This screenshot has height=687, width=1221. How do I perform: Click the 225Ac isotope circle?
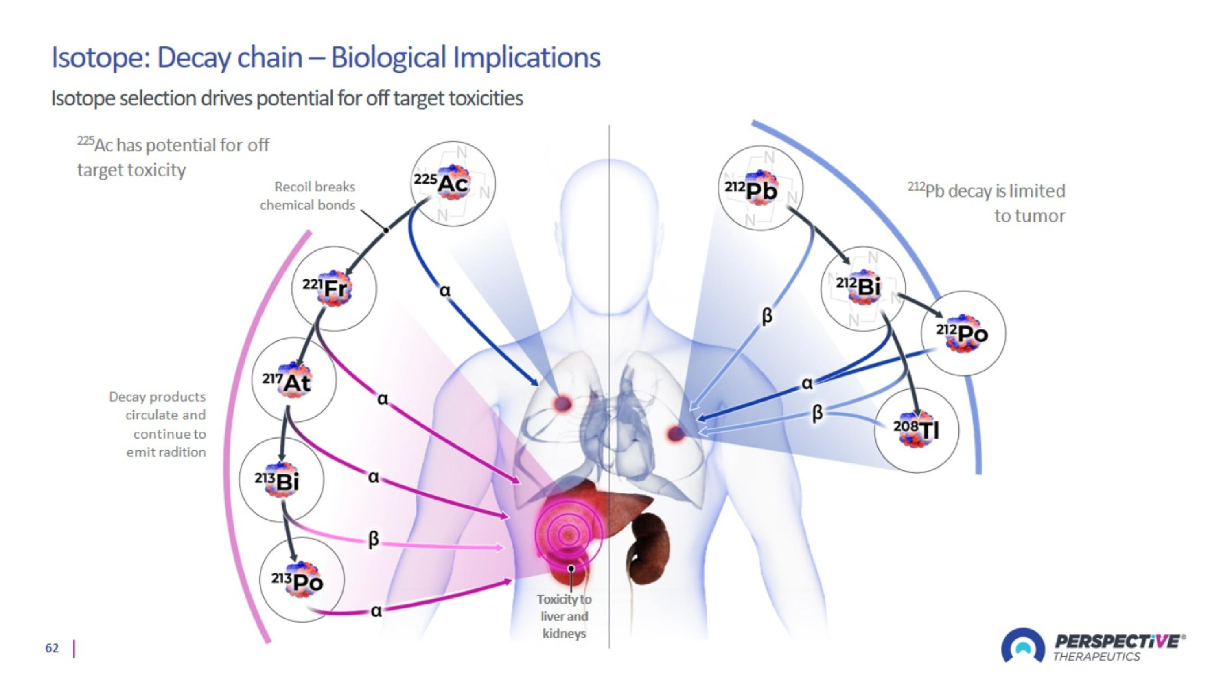(x=453, y=184)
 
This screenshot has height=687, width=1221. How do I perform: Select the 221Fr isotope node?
(x=334, y=288)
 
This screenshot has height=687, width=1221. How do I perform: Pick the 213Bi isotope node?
(x=282, y=480)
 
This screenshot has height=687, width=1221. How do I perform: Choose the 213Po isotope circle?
(x=302, y=579)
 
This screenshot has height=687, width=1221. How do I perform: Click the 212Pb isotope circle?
(x=760, y=188)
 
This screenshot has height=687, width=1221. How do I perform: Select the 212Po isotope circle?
(x=963, y=333)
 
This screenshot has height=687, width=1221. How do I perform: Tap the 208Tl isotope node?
(x=916, y=430)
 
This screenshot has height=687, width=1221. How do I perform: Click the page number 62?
(x=52, y=648)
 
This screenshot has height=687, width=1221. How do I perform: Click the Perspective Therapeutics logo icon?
(x=1022, y=646)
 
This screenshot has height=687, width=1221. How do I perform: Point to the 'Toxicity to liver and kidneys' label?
(x=564, y=617)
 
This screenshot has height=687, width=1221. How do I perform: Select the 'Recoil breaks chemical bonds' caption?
(x=308, y=196)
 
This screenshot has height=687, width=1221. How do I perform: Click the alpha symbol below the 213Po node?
(x=376, y=611)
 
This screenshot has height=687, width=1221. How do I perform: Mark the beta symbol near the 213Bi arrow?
(x=374, y=539)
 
